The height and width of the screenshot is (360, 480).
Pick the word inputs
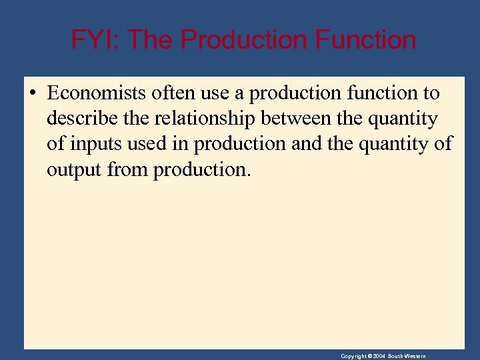(93, 145)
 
